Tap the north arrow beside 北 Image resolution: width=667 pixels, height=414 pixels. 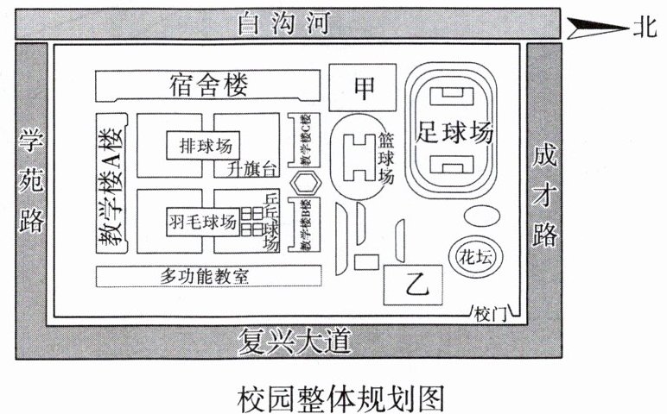click(596, 28)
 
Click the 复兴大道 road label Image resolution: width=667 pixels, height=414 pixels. click(294, 342)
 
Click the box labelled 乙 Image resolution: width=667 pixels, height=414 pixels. click(413, 282)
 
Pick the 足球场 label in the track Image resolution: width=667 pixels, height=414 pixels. click(455, 133)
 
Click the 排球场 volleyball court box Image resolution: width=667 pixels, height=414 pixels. click(205, 143)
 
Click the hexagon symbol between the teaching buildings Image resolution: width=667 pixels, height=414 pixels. click(304, 183)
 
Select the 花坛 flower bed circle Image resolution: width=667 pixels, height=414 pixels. click(473, 254)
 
